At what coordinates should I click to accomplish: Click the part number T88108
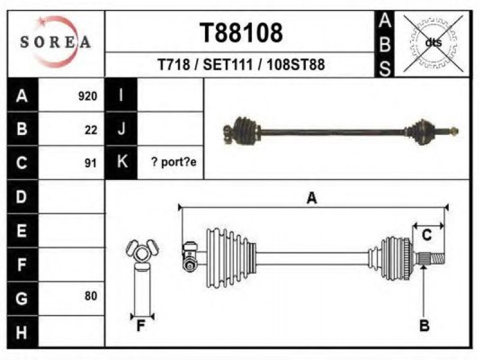coord(241,33)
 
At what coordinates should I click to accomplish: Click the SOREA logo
coord(56,42)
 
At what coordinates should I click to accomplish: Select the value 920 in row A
coord(88,96)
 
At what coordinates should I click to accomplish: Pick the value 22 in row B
coord(91,130)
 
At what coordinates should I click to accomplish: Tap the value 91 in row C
coord(91,163)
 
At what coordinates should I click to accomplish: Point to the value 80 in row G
coord(91,296)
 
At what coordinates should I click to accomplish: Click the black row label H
coord(22,332)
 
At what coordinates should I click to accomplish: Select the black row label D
coord(22,197)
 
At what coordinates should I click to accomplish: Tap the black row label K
coord(122,161)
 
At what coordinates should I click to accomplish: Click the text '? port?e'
coord(174,162)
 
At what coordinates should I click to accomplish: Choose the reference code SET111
coord(228,65)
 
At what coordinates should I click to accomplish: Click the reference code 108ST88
coord(296,65)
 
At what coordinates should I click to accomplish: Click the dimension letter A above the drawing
coord(311,198)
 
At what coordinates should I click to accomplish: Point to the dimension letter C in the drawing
coord(427,235)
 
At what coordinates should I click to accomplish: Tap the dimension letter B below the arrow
coord(424,325)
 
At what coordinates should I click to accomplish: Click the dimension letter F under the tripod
coord(141,326)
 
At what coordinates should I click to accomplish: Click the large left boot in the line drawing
coord(230,258)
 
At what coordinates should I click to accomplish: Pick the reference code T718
coord(173,65)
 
